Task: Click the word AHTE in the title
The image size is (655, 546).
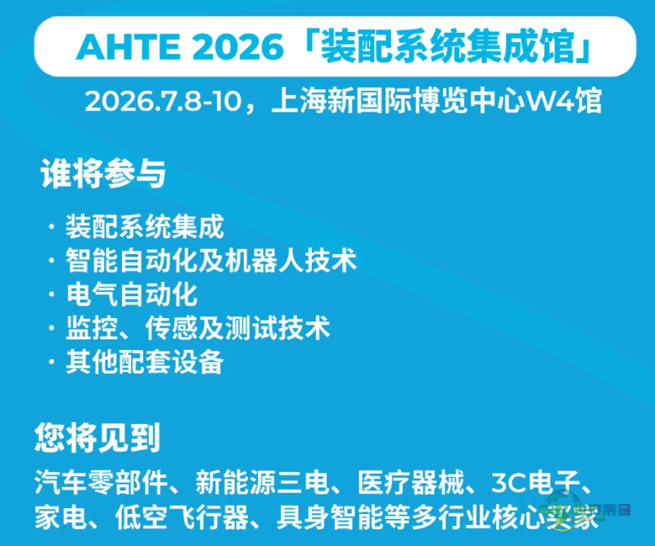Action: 129,47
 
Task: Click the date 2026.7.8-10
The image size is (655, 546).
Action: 163,102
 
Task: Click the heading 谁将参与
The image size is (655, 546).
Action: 103,173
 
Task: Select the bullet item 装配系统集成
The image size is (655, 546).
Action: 145,226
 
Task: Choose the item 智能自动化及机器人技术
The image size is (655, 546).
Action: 211,260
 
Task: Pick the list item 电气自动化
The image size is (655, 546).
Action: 132,294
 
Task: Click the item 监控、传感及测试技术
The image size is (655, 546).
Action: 198,328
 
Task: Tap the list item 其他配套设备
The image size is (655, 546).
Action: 145,362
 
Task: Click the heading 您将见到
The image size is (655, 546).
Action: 97,438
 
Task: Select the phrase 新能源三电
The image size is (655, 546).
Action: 262,482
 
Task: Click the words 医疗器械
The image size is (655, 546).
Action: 411,482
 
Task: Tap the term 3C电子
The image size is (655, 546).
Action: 535,482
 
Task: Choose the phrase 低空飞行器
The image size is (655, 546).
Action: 182,517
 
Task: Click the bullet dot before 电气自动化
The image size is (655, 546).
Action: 52,294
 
